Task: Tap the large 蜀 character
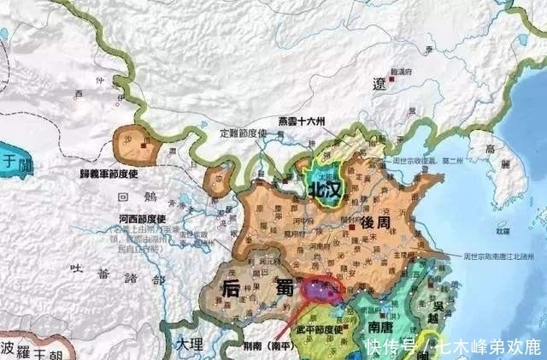point(281,288)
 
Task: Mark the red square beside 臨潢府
point(391,78)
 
